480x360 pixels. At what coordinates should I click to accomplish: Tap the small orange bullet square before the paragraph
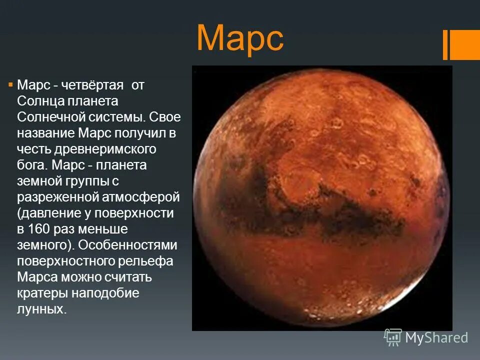(x=10, y=84)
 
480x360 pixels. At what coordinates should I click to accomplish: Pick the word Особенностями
(x=127, y=245)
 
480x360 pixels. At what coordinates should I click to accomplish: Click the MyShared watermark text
(x=436, y=338)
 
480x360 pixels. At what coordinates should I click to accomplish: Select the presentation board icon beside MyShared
(x=393, y=337)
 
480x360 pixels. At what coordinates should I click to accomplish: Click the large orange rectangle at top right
(x=465, y=44)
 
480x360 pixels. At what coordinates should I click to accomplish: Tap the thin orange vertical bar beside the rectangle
(x=445, y=44)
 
